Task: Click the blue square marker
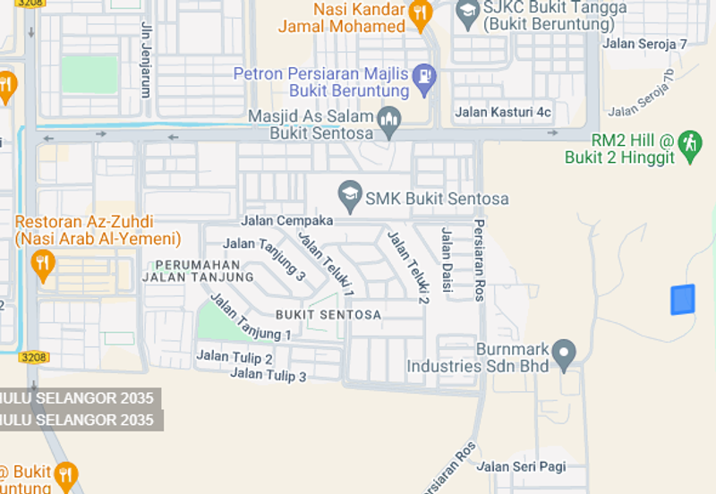[x=683, y=300]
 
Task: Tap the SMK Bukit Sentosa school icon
[x=349, y=193]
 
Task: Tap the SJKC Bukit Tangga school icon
[x=467, y=12]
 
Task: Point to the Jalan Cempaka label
[x=286, y=220]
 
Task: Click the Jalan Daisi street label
[x=446, y=260]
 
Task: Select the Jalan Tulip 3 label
[x=268, y=375]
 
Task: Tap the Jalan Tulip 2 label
[x=234, y=358]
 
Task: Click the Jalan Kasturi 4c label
[x=503, y=113]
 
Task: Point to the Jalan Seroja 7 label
[x=644, y=43]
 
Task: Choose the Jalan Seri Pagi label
[x=522, y=466]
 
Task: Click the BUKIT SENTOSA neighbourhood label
[x=328, y=315]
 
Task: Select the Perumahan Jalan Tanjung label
[x=198, y=271]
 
